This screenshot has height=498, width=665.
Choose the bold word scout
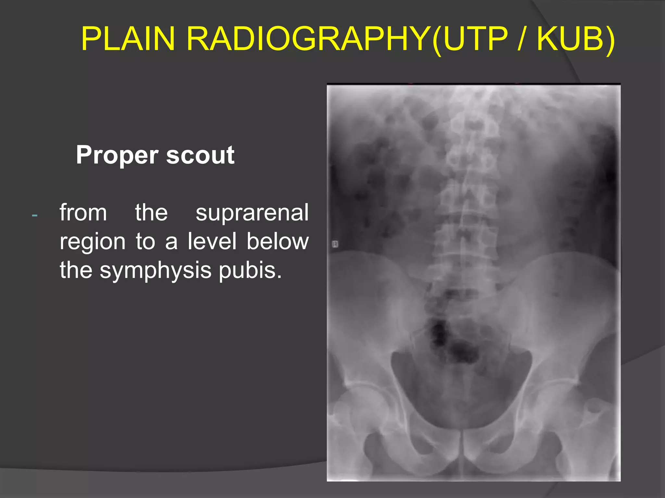coord(200,155)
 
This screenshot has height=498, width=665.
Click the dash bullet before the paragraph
coord(35,215)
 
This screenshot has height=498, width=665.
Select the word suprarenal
coord(252,213)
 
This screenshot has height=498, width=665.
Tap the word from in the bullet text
coord(83,213)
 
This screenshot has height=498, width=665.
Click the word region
coord(93,242)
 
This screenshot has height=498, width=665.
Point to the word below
coord(278,241)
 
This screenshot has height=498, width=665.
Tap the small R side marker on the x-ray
coord(335,244)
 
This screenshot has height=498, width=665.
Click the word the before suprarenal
coord(151,213)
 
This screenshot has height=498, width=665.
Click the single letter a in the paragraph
coord(171,242)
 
